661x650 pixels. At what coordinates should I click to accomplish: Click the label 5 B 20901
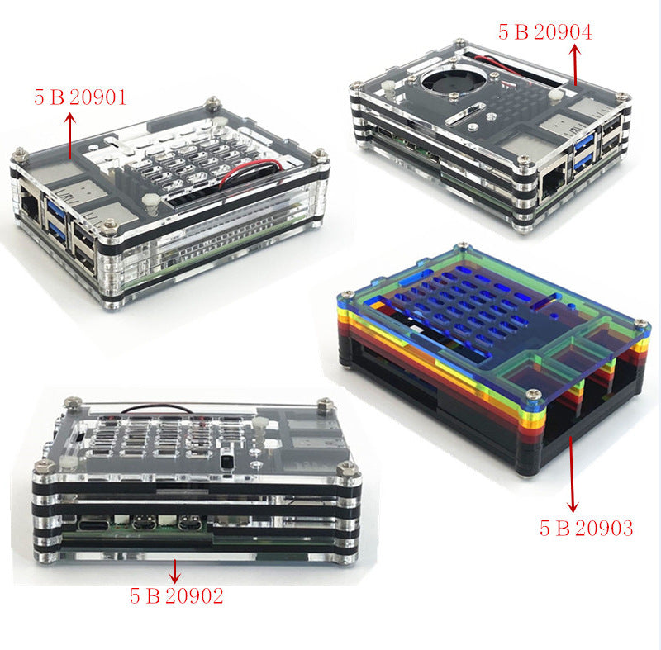click(x=80, y=97)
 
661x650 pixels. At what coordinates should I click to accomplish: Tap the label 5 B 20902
click(x=177, y=595)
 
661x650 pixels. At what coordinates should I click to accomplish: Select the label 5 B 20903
click(x=587, y=528)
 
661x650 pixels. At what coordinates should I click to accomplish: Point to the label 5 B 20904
click(x=545, y=32)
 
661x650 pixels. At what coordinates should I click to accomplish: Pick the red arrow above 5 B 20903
click(x=572, y=474)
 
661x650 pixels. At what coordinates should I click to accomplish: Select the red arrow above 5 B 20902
click(x=174, y=572)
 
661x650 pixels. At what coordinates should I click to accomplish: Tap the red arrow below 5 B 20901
click(x=70, y=135)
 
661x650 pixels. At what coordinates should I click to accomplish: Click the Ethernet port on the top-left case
click(x=31, y=206)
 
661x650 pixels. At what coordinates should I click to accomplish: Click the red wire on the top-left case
click(x=252, y=172)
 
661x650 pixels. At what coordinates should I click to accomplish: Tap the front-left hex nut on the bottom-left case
click(x=44, y=467)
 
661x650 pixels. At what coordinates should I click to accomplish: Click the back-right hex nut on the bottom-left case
click(x=326, y=404)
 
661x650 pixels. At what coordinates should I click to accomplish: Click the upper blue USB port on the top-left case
click(x=55, y=208)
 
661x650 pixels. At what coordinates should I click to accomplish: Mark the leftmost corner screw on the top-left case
click(x=20, y=154)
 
